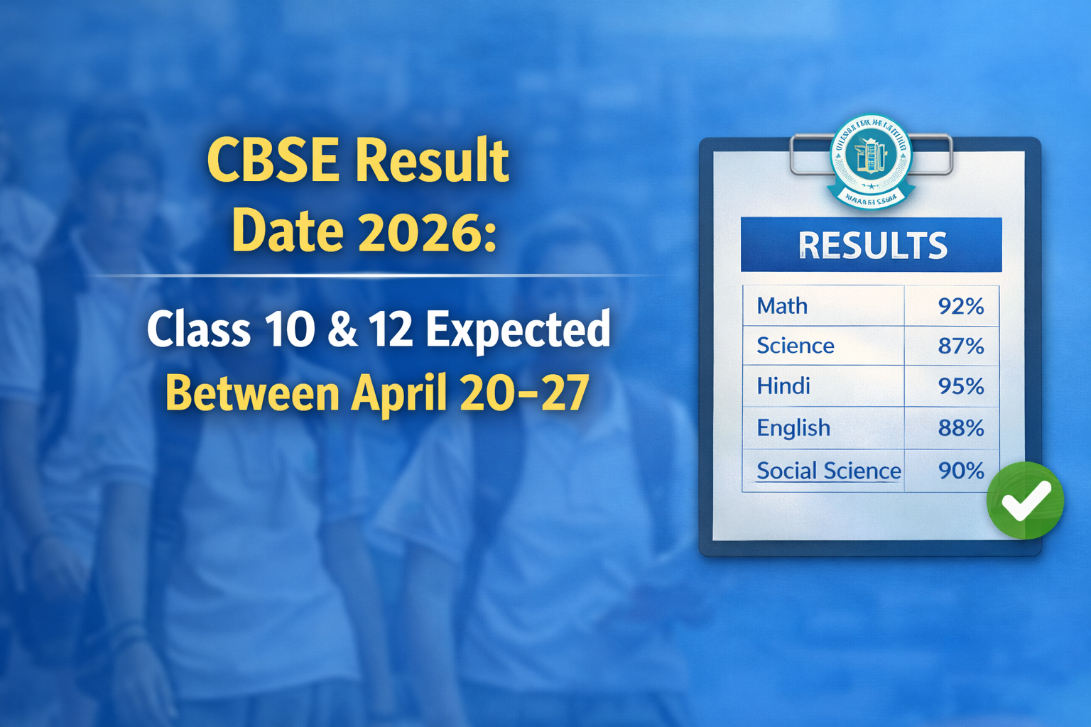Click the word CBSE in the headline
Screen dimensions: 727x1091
tap(273, 160)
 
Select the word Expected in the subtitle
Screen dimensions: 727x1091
tap(518, 329)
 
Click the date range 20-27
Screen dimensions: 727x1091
tap(524, 393)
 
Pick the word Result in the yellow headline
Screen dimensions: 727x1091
tap(432, 160)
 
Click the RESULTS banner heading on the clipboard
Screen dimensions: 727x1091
tap(872, 246)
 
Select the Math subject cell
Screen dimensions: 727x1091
tap(782, 306)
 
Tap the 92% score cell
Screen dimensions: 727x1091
tap(960, 306)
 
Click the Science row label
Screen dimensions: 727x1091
tap(795, 346)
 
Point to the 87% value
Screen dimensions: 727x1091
tap(960, 346)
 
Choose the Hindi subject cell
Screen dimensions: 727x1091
tap(783, 386)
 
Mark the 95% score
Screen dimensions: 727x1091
tap(960, 386)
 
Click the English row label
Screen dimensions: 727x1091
tap(793, 427)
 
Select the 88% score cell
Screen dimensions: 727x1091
tap(960, 427)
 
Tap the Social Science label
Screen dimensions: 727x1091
tap(828, 470)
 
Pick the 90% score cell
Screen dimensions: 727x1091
tap(960, 470)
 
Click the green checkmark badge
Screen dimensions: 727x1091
tap(1025, 501)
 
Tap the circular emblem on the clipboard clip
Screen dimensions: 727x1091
tap(870, 160)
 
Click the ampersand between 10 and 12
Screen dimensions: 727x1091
tap(342, 329)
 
